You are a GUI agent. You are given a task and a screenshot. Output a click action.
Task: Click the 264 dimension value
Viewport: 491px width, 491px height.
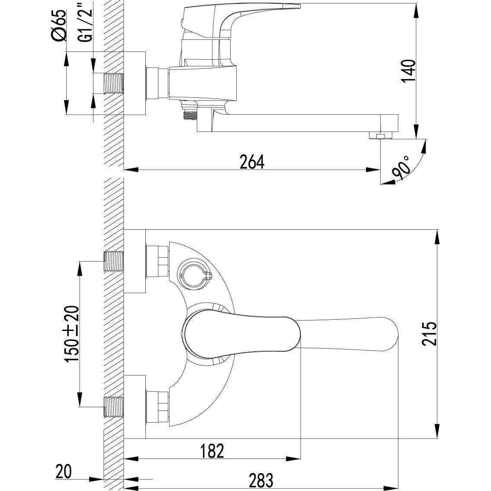[252, 162]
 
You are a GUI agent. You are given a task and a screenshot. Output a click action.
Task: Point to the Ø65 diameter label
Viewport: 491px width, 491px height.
[60, 25]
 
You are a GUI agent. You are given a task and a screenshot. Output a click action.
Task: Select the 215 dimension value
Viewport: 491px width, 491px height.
[429, 333]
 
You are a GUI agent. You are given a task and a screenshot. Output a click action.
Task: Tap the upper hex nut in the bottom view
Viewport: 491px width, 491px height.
[157, 261]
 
